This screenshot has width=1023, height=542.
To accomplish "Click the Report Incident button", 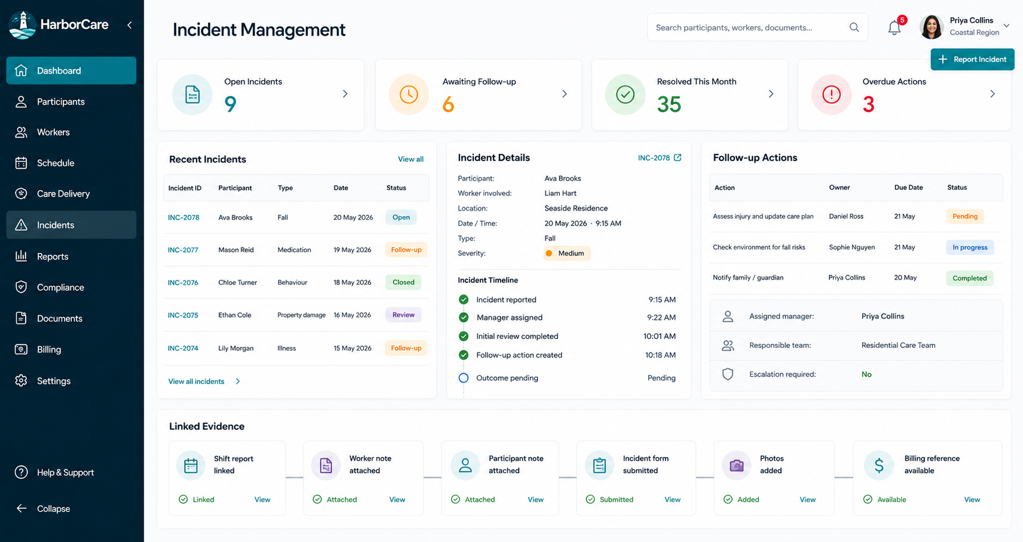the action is click(972, 59).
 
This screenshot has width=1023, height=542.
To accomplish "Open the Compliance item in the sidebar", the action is click(60, 287).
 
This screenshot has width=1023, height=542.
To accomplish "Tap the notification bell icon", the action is click(894, 27).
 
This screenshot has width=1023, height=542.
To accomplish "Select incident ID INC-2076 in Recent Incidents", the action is click(183, 283).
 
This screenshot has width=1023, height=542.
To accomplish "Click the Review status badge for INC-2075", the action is click(403, 315).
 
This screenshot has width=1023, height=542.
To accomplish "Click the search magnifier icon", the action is click(854, 27).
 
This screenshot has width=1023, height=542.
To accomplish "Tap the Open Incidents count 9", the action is click(230, 104).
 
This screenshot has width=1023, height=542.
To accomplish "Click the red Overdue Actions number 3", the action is click(869, 104).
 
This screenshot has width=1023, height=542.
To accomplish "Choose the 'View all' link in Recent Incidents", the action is click(411, 159).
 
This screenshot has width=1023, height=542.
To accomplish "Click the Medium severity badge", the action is click(566, 253).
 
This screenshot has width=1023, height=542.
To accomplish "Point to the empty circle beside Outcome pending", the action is click(464, 378).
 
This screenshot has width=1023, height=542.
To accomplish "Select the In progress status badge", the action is click(970, 248).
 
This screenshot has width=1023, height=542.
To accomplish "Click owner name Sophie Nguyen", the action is click(852, 248).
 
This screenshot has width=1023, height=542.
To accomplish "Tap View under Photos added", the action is click(807, 500).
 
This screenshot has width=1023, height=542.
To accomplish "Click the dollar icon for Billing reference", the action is click(879, 465).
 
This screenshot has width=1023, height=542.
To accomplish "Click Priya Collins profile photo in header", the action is click(932, 27).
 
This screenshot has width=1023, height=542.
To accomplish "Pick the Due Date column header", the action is click(908, 188).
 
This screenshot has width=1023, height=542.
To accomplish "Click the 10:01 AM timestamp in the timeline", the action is click(660, 337).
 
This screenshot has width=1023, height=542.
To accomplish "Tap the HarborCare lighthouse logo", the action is click(23, 25).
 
